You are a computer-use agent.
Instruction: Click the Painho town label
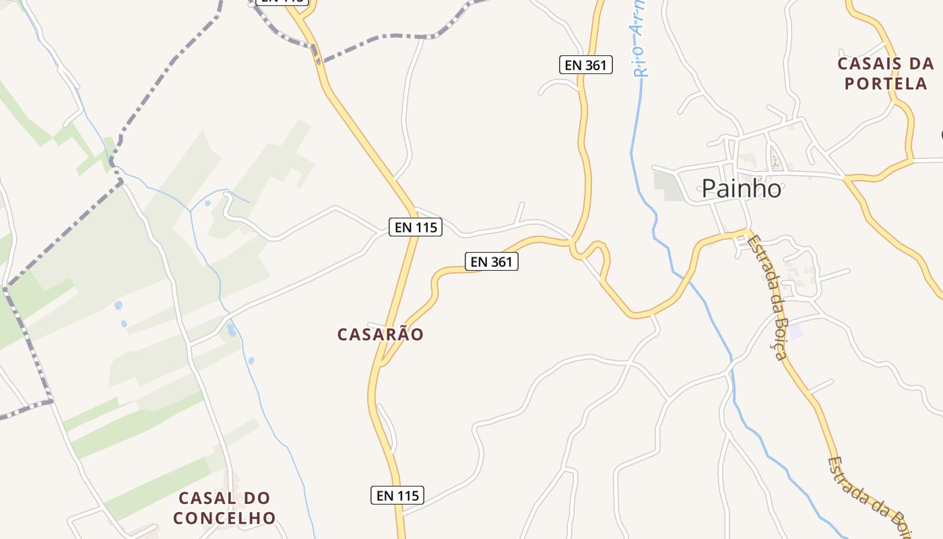point(741,189)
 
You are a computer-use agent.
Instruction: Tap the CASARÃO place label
point(381,334)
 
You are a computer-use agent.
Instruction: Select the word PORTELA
point(886,84)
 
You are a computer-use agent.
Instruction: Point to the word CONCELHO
point(224,518)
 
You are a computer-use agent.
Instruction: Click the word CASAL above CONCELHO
point(224,499)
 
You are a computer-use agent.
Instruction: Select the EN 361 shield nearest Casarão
point(492,261)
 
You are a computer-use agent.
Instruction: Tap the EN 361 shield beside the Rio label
point(586,65)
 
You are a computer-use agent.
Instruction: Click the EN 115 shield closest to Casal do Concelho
point(397,495)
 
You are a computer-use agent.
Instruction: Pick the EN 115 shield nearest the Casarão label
point(416,227)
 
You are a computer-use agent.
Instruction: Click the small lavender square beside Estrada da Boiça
point(796,331)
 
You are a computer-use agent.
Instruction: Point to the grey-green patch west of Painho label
point(668,185)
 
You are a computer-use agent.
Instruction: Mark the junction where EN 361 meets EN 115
point(383,364)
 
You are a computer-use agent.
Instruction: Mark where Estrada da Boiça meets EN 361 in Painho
point(746,233)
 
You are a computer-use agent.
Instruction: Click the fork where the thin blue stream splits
point(191,210)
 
